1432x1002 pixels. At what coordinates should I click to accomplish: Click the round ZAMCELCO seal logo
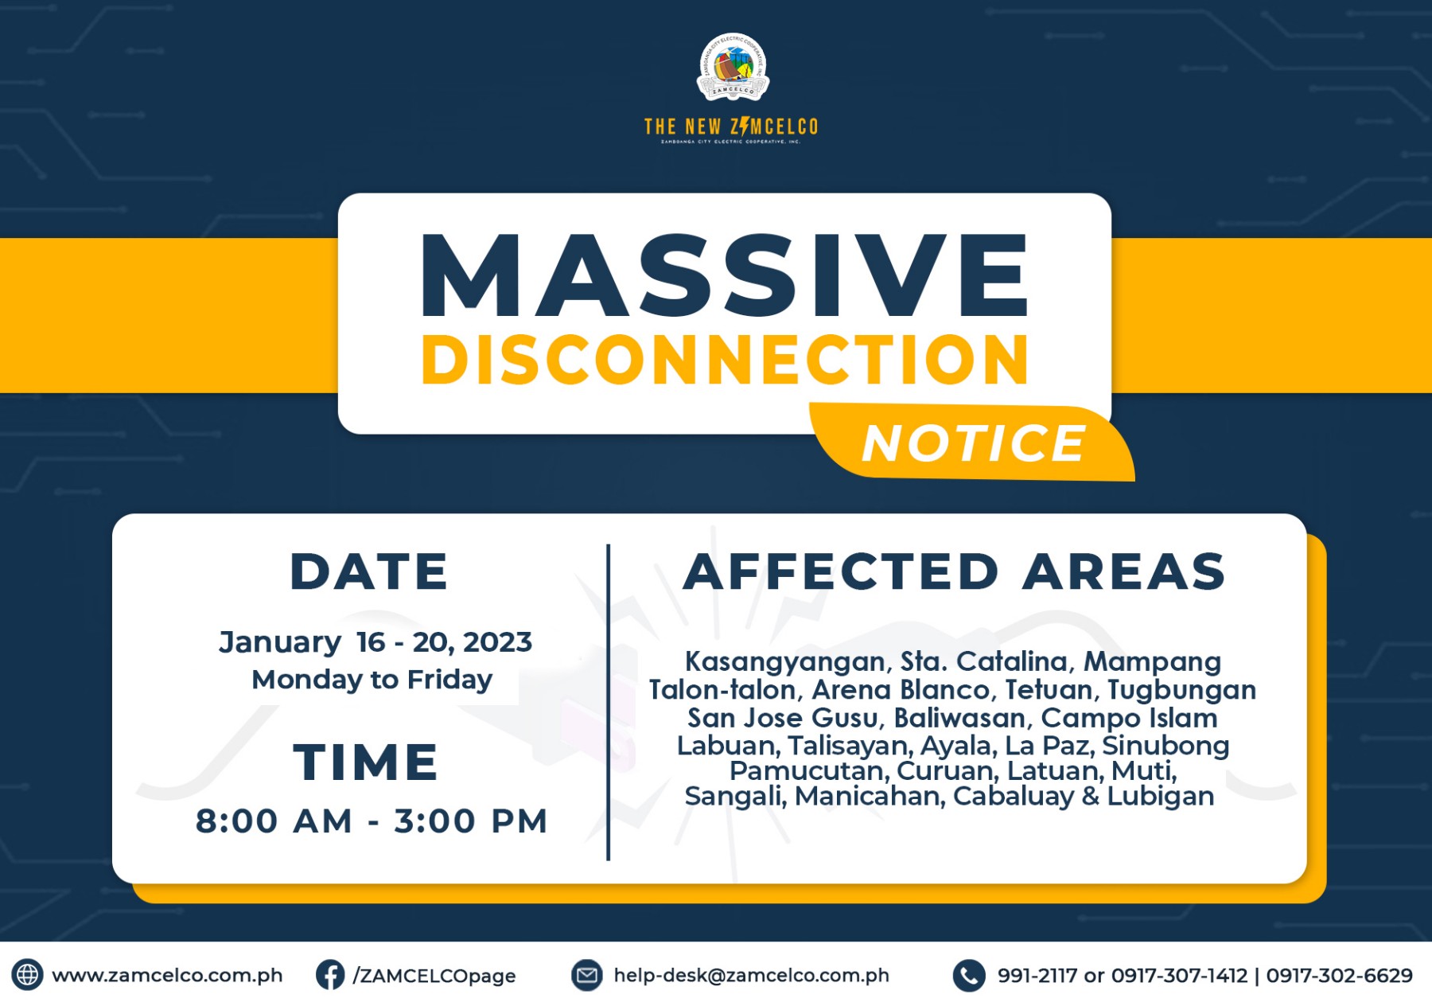[733, 68]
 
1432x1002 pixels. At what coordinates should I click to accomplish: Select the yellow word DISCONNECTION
[725, 360]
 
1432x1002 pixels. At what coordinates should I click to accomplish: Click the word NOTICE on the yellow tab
[974, 443]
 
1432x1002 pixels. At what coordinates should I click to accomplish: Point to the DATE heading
[369, 571]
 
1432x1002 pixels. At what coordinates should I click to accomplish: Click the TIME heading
[365, 762]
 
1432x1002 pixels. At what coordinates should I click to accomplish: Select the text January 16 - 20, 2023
[376, 642]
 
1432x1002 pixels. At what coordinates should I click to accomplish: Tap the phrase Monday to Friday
[372, 680]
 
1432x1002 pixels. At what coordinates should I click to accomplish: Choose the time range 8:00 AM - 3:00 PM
[372, 821]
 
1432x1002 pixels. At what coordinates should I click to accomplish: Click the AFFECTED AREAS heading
[955, 571]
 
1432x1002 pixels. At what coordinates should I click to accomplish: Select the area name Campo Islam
[1129, 718]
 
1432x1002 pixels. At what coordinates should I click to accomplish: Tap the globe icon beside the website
[27, 975]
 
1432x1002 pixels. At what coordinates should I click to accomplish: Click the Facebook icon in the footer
[330, 975]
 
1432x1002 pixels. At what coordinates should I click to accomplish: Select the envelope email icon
[587, 975]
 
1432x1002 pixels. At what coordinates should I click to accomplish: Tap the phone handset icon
[969, 975]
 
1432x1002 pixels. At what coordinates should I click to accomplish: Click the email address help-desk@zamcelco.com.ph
[751, 976]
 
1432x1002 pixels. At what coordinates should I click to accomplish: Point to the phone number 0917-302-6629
[1340, 976]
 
